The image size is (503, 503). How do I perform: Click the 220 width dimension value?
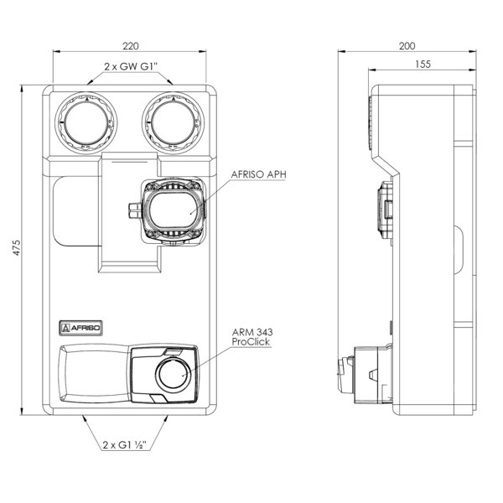131,46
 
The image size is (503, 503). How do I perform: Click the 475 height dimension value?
16,247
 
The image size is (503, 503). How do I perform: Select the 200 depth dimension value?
407,46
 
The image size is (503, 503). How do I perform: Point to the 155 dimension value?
423,65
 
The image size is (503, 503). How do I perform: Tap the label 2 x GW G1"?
132,67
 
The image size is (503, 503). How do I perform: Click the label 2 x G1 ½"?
125,445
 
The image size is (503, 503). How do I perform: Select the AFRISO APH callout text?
258,174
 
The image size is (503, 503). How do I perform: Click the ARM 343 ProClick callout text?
252,337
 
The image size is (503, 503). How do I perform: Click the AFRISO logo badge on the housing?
80,328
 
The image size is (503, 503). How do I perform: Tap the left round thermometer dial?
86,123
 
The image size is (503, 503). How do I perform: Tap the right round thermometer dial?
174,123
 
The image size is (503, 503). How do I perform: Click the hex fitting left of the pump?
134,210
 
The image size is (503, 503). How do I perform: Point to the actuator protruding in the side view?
364,374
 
